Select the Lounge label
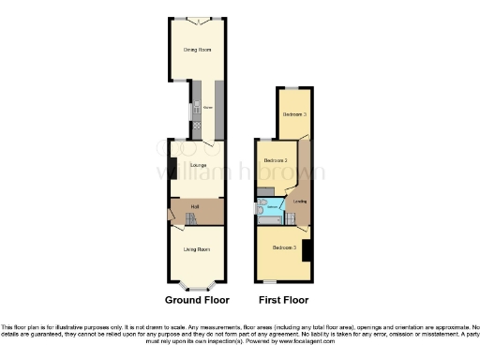pos(198,166)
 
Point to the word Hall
pos(195,206)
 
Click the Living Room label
pos(196,248)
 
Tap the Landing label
pos(300,201)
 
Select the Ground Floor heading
pos(197,301)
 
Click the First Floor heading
pos(283,301)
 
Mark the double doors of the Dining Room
pos(197,20)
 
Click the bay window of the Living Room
pos(197,283)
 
